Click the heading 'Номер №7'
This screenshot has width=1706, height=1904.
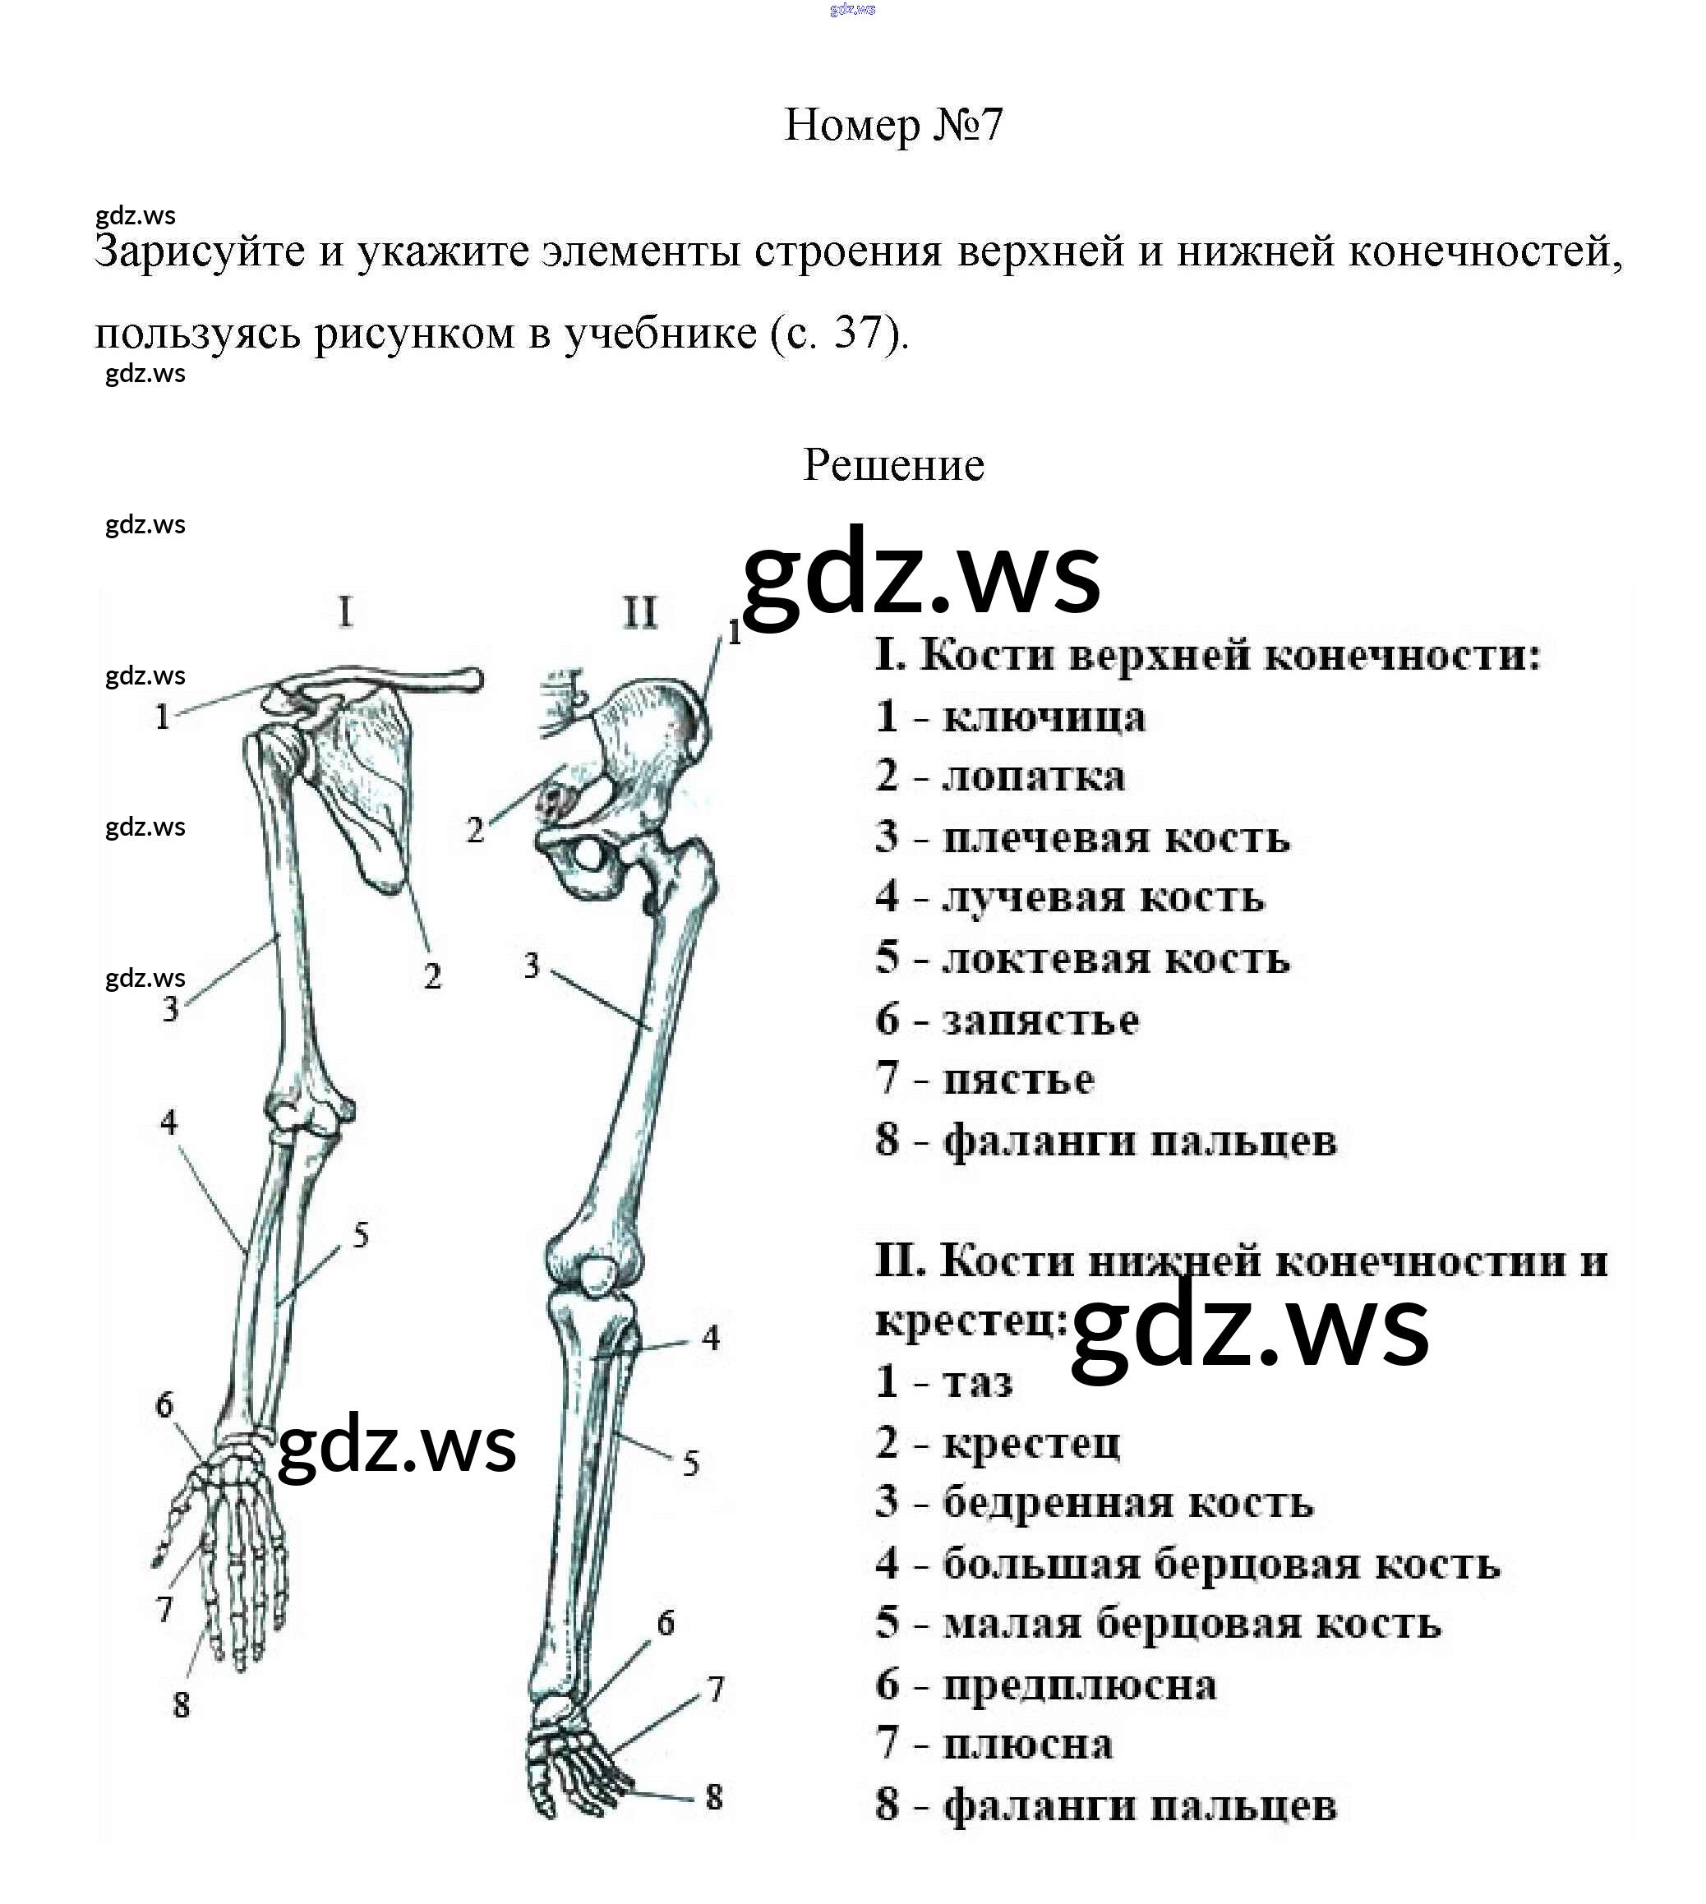(x=892, y=125)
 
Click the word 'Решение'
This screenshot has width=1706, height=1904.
(x=892, y=465)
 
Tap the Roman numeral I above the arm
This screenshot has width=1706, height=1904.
(x=346, y=612)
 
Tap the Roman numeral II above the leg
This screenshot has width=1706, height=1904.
(x=640, y=612)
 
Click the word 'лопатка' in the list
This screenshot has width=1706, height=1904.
(x=1033, y=778)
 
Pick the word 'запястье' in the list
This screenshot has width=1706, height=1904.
(x=1040, y=1020)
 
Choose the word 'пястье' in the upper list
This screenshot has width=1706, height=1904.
(x=1018, y=1080)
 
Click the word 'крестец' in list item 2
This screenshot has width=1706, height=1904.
(x=1031, y=1444)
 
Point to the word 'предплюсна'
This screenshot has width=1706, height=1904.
(x=1079, y=1685)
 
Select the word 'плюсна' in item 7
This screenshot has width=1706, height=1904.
(x=1027, y=1745)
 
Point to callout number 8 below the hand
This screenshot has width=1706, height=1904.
(x=182, y=1705)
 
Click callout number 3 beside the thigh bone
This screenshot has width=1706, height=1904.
(x=532, y=966)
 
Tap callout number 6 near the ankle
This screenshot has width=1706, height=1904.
(x=666, y=1623)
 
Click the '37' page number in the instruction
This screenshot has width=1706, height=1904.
(x=857, y=333)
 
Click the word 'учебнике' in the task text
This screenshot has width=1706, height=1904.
(x=661, y=333)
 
